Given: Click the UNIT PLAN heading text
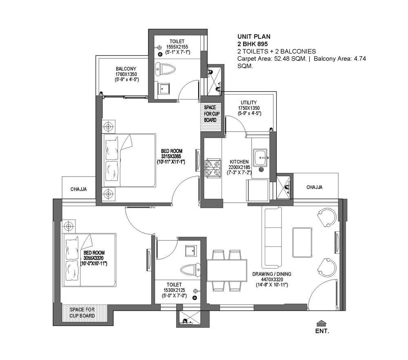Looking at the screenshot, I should point(253,36).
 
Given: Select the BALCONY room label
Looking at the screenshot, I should point(126,68).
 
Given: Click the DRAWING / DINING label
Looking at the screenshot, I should point(271,274).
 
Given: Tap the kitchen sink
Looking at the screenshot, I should point(260,157).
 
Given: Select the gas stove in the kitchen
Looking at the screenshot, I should point(213,167).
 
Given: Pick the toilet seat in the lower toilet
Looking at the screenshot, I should point(189,269).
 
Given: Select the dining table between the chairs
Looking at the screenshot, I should point(226,270).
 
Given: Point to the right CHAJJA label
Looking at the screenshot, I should point(314,187).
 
